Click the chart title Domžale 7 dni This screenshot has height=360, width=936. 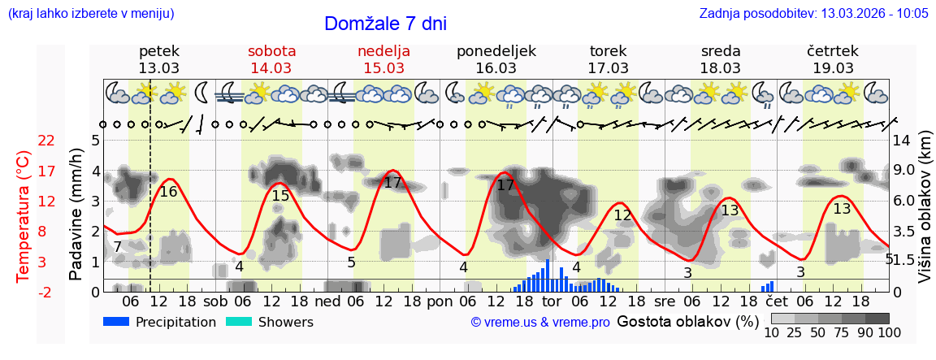pos(385,24)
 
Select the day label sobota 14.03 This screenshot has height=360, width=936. pos(271,59)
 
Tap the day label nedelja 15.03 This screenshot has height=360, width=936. pos(383,59)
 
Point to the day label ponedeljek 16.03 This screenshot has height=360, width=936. pos(496,59)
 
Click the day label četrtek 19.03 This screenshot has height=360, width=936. pos(833,59)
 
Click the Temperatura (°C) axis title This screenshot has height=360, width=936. pos(24,215)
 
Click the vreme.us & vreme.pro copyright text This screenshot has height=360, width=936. pos(540,323)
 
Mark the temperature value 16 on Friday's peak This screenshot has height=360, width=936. pos(168,192)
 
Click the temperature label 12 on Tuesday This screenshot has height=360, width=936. pos(622,215)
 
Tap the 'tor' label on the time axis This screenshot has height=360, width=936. pos(552,301)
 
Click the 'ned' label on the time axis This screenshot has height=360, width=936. pos(327,301)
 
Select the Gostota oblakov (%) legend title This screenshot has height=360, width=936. pos(687,321)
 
